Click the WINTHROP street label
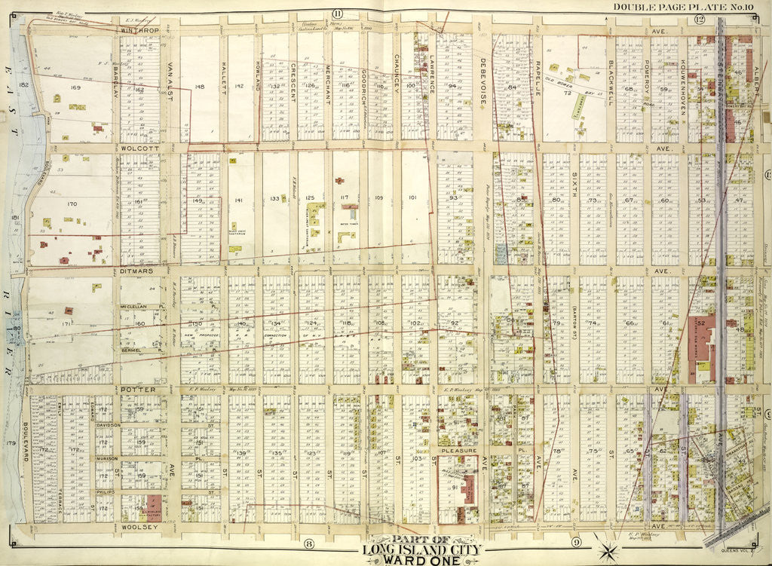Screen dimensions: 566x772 tap(142, 29)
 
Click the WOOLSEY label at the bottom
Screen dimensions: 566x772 tap(139, 528)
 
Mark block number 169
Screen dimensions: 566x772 tap(75, 88)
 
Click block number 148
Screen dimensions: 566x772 tap(199, 87)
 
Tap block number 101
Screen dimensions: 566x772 tap(412, 198)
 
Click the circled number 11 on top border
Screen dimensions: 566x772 tap(337, 14)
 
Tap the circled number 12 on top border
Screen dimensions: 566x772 tap(699, 18)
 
